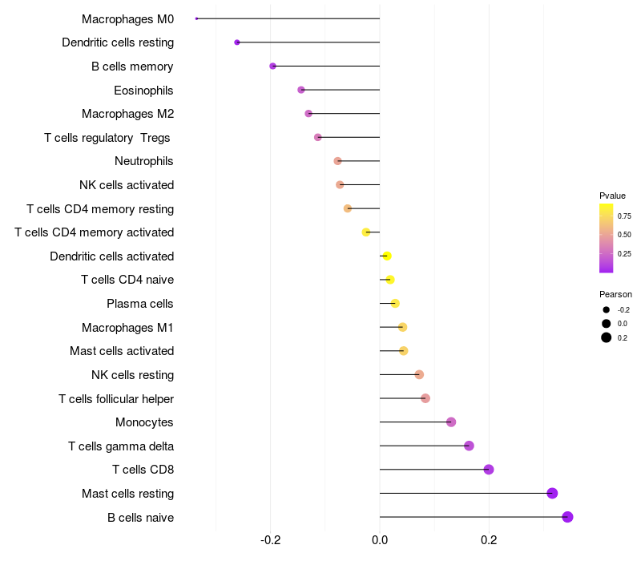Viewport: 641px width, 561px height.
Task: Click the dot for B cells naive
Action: coord(567,517)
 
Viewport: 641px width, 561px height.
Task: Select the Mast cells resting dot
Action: coord(552,493)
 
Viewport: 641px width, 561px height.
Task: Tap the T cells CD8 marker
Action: coord(489,470)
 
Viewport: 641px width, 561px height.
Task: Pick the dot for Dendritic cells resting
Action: coord(237,42)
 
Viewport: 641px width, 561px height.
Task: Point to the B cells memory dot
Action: coord(273,66)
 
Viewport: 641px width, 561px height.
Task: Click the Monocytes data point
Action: coord(451,422)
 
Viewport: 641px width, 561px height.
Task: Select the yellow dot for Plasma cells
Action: coord(395,303)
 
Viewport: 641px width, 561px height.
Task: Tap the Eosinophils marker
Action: coord(301,90)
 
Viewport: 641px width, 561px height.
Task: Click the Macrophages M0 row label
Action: coord(127,18)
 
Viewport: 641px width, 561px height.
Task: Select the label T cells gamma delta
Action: coord(121,446)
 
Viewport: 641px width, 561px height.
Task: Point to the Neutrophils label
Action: coord(144,161)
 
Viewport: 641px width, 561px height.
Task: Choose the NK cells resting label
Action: coord(132,374)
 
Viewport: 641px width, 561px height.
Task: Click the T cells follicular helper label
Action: coord(116,398)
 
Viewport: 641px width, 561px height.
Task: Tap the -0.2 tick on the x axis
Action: coord(271,540)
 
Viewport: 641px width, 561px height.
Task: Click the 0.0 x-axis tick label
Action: coord(380,540)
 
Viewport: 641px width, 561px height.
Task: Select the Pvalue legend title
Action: coord(612,196)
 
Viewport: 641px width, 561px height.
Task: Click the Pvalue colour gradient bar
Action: coord(607,238)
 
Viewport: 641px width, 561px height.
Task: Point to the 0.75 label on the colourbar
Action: coord(624,216)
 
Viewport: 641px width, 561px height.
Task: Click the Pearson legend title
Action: coord(615,294)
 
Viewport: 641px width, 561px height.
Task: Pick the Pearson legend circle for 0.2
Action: coord(607,337)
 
